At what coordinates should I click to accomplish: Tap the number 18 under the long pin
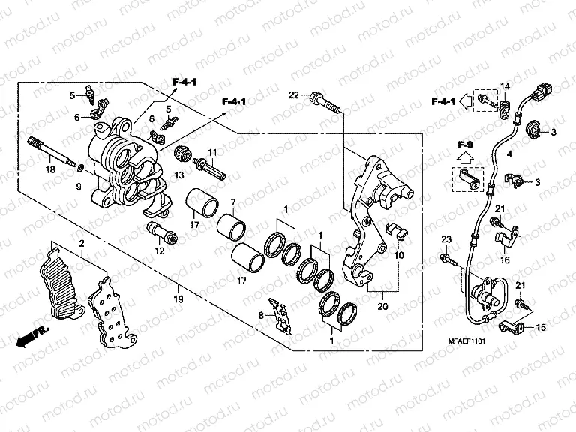50,170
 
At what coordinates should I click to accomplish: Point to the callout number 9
78,186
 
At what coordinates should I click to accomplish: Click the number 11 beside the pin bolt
212,152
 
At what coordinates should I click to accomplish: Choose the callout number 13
180,175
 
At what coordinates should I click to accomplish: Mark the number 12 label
160,251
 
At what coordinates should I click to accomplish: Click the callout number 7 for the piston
233,202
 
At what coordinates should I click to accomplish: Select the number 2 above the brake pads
82,244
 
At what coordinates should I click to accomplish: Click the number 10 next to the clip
398,255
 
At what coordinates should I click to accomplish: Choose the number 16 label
505,259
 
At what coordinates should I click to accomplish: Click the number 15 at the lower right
540,328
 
